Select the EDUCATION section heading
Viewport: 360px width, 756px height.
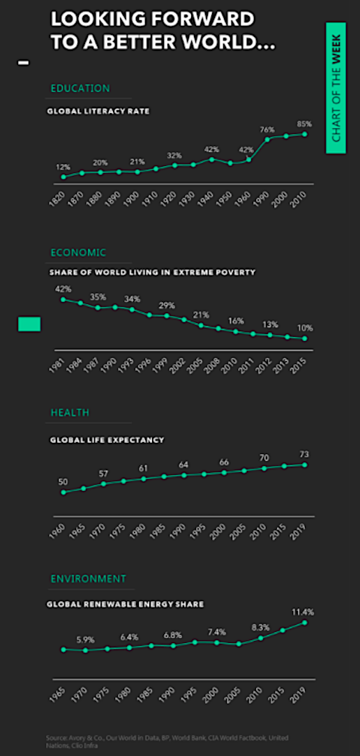[x=80, y=89]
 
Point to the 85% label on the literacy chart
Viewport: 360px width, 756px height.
[x=304, y=123]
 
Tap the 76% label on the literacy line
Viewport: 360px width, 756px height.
[x=267, y=129]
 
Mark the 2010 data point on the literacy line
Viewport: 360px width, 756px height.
[x=305, y=134]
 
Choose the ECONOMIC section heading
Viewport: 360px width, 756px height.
[x=78, y=252]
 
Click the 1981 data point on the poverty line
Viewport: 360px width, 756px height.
[x=63, y=299]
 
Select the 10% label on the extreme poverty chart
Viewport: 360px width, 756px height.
[x=305, y=328]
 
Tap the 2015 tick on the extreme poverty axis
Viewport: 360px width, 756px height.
[x=301, y=365]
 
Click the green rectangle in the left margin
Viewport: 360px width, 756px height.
[x=29, y=324]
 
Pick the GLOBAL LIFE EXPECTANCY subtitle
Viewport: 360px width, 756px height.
[x=107, y=440]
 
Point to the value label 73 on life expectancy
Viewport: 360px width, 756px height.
[x=305, y=453]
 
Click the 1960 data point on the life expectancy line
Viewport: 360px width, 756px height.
[x=63, y=492]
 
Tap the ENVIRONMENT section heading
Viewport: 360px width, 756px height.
[x=88, y=579]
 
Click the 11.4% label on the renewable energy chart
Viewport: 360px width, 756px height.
[x=303, y=612]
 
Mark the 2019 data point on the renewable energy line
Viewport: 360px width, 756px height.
[x=305, y=622]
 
